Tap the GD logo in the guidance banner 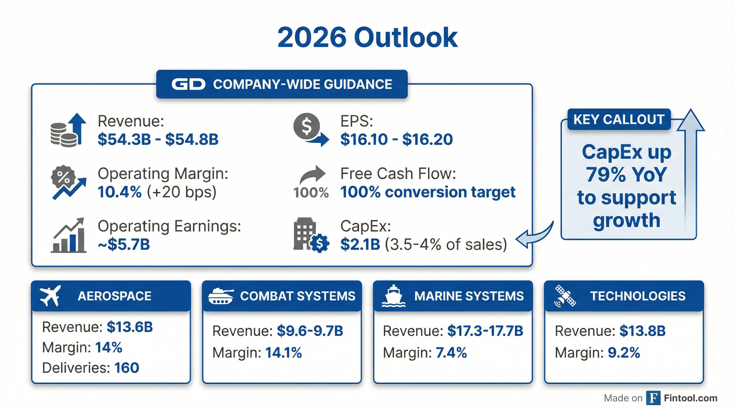[188, 84]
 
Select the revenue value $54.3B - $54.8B [158, 139]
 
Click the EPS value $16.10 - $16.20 [396, 139]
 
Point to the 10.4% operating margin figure [120, 192]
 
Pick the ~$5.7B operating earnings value [124, 244]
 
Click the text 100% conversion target [428, 192]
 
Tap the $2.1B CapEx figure [360, 244]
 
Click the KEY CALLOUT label [619, 119]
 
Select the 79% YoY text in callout [626, 175]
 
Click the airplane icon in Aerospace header [50, 296]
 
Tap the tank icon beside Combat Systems [221, 296]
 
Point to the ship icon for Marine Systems [393, 296]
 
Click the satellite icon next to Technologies [565, 296]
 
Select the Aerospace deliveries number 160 [127, 368]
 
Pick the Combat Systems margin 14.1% [283, 353]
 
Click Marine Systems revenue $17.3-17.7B [485, 331]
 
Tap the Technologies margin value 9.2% [624, 353]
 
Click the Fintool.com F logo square [653, 398]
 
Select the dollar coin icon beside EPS [307, 126]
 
